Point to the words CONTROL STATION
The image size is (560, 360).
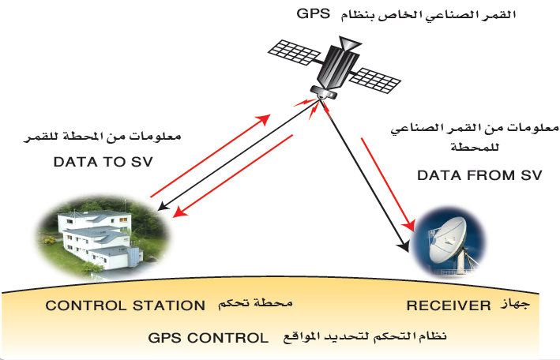[x=125, y=305]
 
